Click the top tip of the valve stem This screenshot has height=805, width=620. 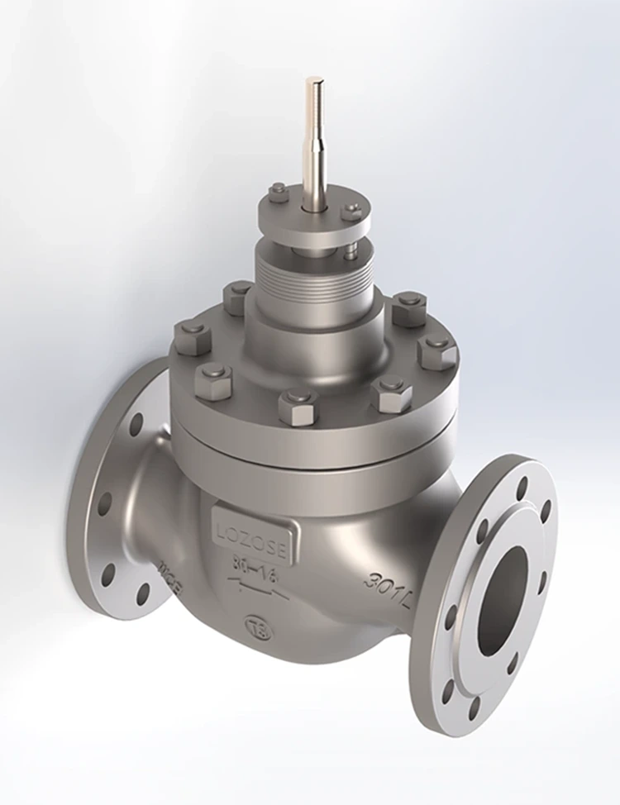pos(314,81)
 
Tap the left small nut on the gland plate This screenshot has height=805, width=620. pos(279,192)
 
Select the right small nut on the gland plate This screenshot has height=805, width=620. pos(351,211)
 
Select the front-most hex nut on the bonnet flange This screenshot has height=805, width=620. pos(298,407)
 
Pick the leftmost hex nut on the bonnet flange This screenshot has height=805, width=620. pos(192,336)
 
